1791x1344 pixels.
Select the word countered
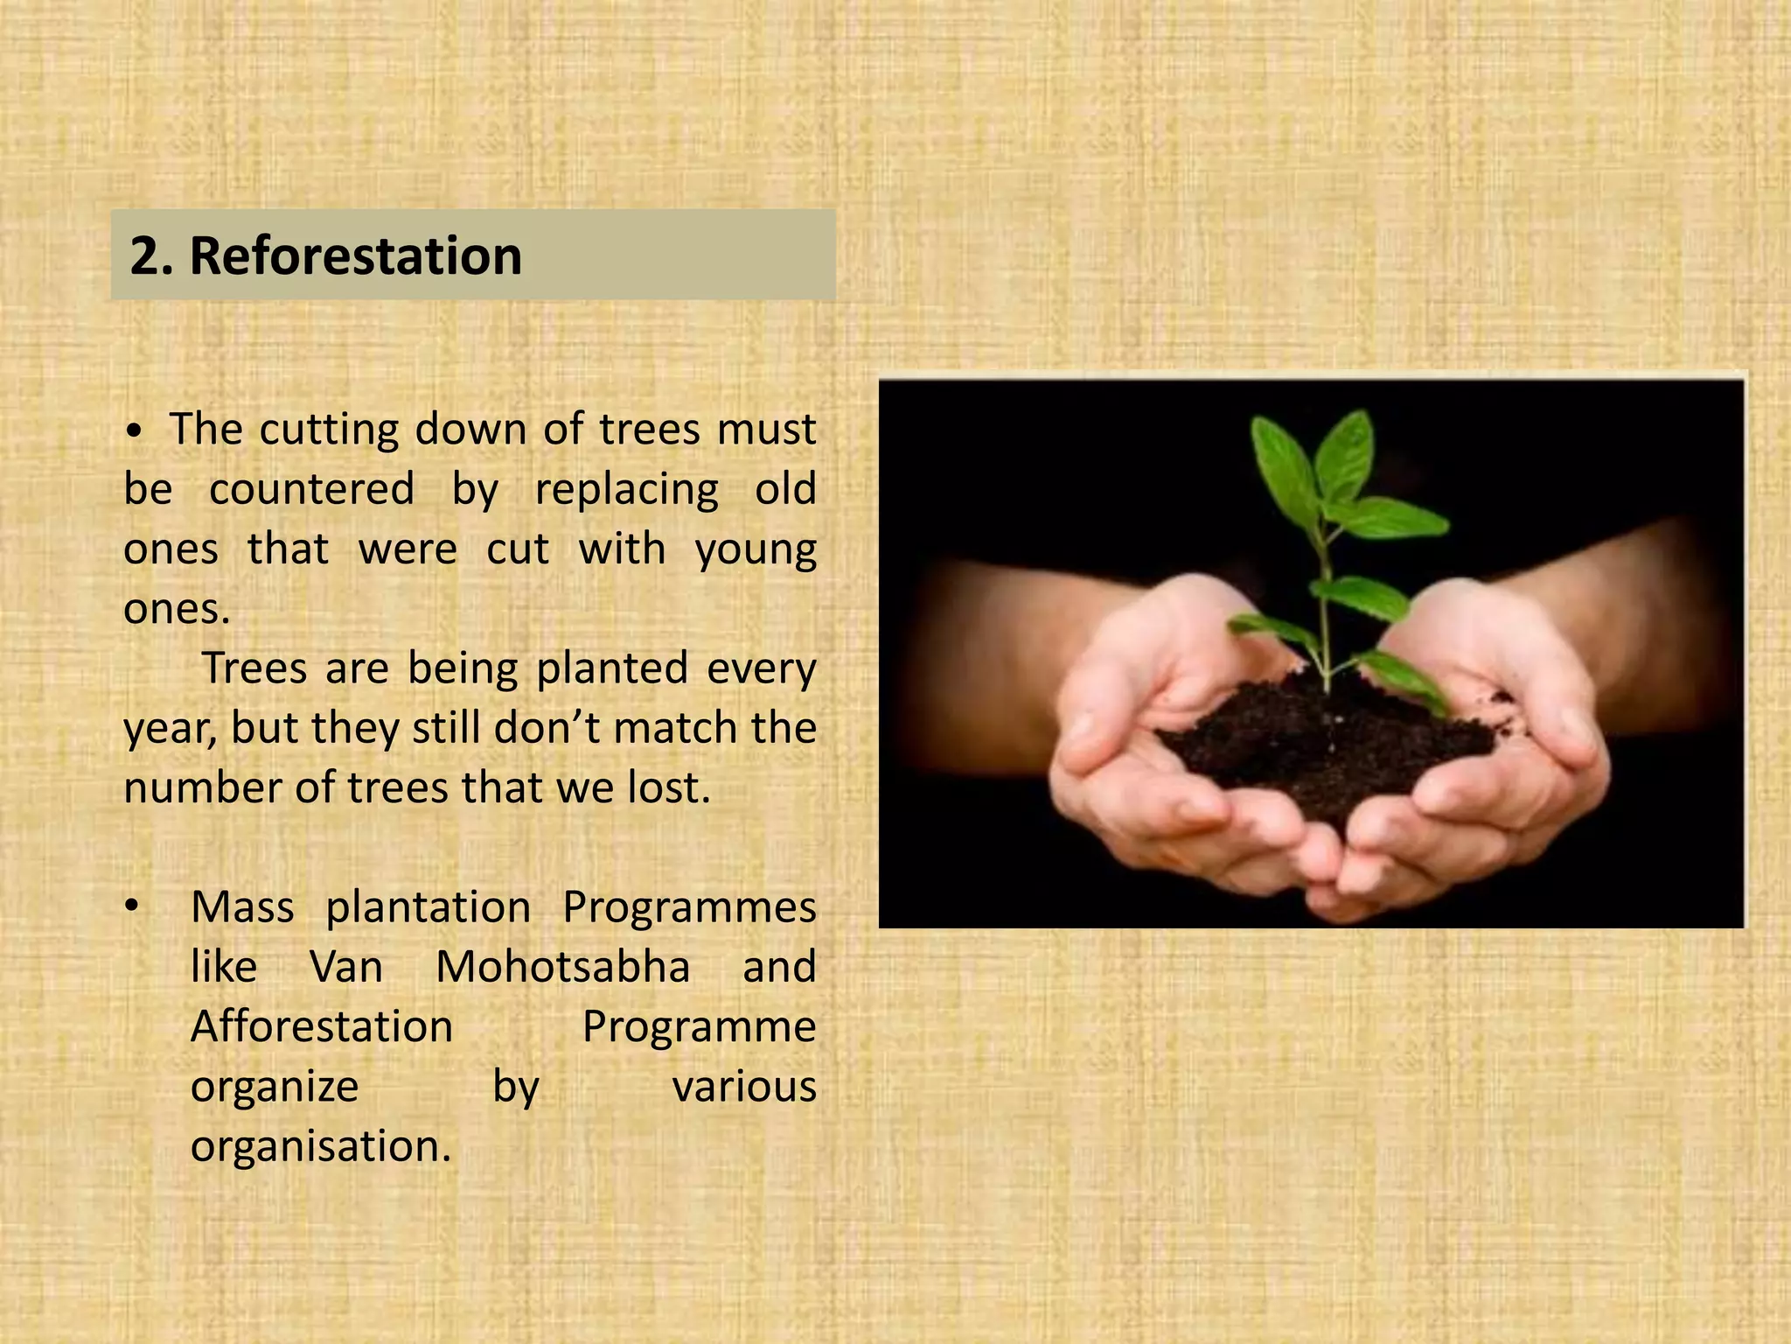311,489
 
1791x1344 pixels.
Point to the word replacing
626,490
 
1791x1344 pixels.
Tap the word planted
611,668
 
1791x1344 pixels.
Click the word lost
668,787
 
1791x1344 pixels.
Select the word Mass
242,907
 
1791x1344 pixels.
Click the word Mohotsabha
562,967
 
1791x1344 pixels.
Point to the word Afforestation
322,1026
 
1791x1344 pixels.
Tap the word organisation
320,1146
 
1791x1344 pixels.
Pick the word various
743,1087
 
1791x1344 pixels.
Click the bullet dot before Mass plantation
131,907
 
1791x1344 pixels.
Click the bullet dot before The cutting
134,431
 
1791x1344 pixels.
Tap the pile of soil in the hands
1329,744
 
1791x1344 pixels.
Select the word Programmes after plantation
689,907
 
